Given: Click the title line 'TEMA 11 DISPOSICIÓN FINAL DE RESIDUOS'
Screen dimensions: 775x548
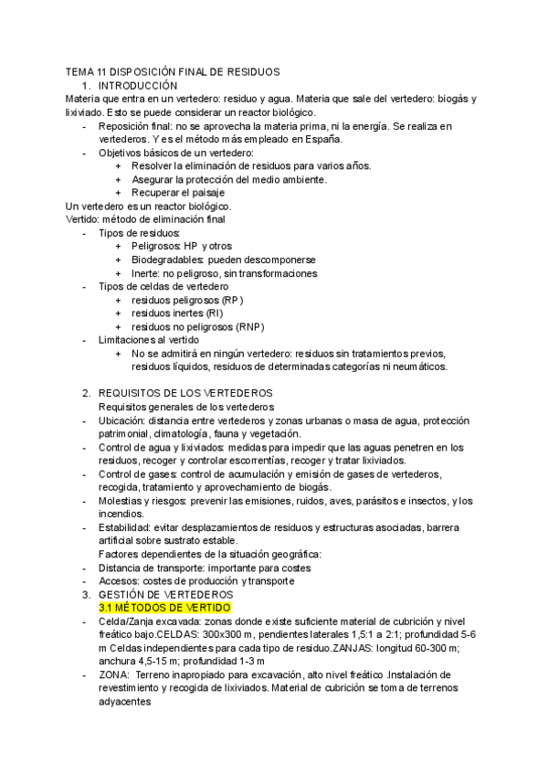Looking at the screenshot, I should coord(173,71).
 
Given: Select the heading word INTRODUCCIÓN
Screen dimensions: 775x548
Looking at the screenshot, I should coord(138,85).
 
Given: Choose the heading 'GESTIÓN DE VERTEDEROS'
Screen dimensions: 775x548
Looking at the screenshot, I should coord(170,593).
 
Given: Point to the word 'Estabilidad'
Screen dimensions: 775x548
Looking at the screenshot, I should coord(124,527).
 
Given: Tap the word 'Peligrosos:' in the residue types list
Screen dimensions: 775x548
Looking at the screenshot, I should coord(155,247).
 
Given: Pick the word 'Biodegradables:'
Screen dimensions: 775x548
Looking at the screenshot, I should coord(168,260).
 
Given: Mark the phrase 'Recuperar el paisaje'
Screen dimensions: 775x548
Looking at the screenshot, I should coord(178,193).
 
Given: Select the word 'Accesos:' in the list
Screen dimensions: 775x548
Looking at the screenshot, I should coord(118,580).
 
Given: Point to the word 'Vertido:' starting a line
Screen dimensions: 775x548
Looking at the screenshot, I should coord(87,219).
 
